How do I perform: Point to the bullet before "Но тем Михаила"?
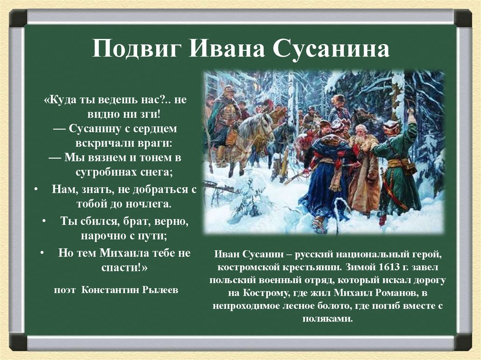coord(42,253)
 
